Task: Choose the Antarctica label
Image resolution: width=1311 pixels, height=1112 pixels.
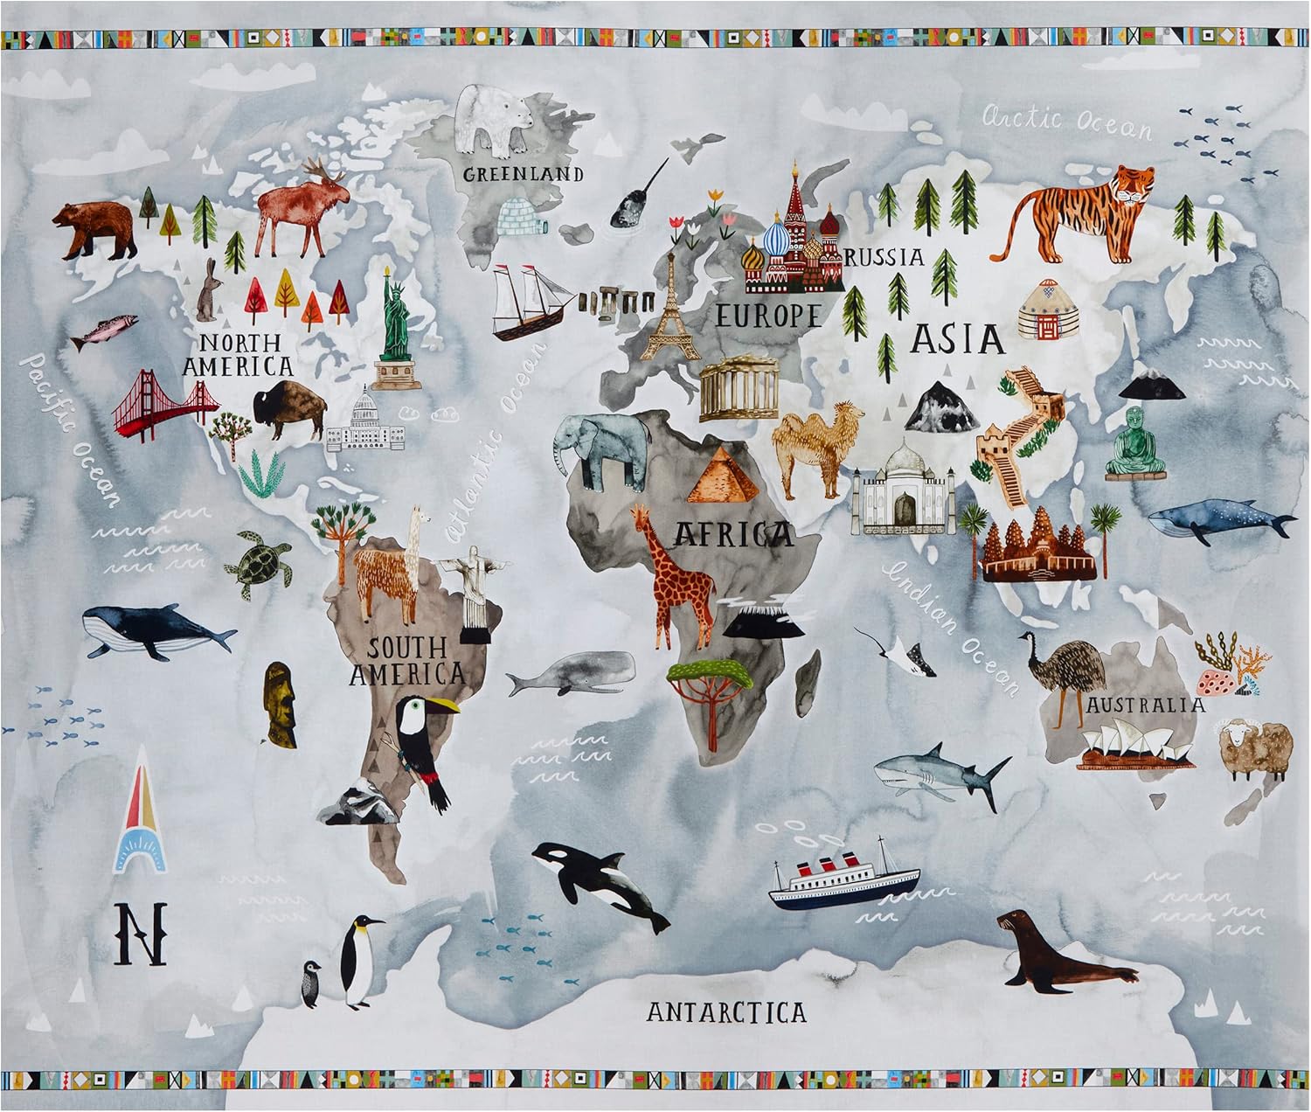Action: (726, 1012)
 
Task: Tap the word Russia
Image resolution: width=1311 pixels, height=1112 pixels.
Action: (884, 257)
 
